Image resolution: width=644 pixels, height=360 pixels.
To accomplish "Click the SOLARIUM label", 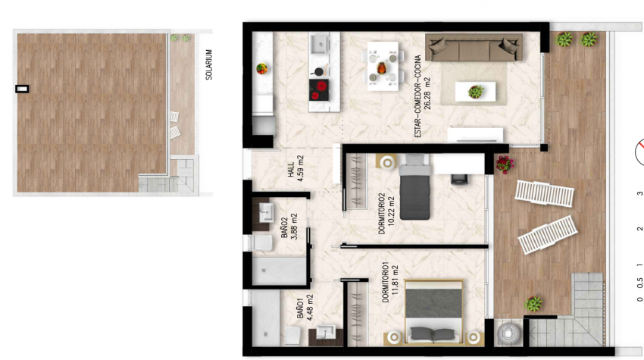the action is [209, 64].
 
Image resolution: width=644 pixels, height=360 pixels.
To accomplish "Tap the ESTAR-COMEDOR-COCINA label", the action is [418, 96].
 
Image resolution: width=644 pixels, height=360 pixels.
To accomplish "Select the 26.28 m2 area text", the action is [427, 93].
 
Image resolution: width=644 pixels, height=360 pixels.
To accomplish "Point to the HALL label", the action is [291, 170].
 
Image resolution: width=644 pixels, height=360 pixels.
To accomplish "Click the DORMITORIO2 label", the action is [382, 214].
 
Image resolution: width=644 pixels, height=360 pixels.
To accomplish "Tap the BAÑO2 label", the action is [285, 228].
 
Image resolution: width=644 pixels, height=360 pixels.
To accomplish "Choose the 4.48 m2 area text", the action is [310, 308].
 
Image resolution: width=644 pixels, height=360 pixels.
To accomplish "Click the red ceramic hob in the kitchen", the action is [319, 90].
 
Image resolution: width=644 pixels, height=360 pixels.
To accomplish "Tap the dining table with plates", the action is [383, 66].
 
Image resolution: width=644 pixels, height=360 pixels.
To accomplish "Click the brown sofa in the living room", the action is [474, 48].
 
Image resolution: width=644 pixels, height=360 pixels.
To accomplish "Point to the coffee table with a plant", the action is [475, 92].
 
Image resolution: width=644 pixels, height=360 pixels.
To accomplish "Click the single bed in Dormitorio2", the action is [415, 187].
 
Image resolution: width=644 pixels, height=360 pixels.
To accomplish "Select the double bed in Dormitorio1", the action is [433, 311].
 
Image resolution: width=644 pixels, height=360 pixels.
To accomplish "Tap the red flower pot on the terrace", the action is [505, 164].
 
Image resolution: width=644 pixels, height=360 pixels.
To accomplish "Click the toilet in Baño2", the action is [262, 243].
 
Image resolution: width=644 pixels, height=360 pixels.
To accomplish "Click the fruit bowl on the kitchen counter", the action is [261, 69].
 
